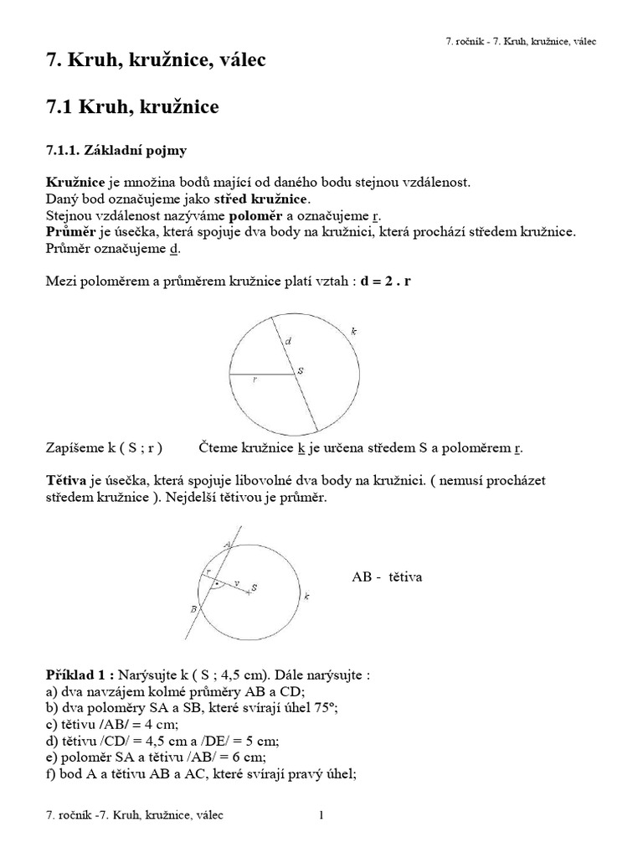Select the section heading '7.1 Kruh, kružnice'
131,106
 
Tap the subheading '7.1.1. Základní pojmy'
116,151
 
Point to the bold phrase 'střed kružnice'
262,199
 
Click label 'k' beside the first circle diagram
354,332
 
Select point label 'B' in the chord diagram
193,608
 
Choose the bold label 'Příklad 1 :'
80,675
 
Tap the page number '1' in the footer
321,814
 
